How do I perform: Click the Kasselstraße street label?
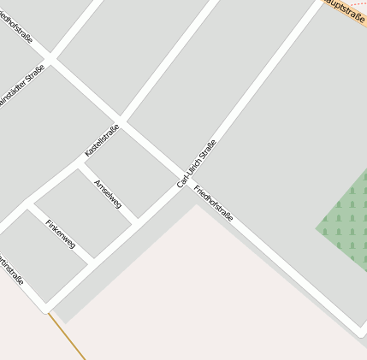click(x=102, y=140)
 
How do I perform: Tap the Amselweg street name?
click(x=109, y=195)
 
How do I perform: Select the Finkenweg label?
click(x=61, y=233)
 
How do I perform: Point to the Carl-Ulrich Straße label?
click(x=197, y=163)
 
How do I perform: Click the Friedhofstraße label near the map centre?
click(x=213, y=203)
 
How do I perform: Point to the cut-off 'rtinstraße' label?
click(x=10, y=270)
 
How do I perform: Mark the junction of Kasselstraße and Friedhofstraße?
click(x=121, y=118)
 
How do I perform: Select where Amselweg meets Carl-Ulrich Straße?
click(x=137, y=221)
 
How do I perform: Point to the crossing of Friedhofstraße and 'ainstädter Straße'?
click(x=50, y=59)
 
